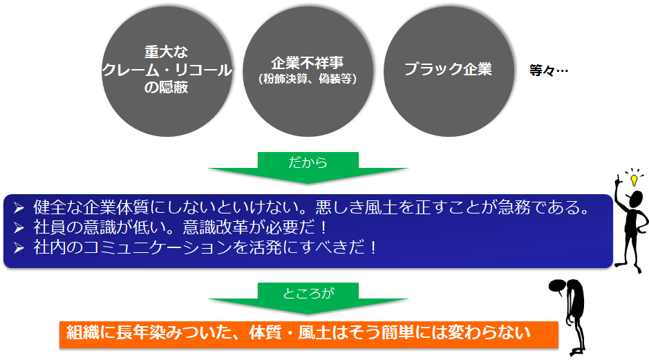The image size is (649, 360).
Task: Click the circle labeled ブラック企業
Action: tap(449, 71)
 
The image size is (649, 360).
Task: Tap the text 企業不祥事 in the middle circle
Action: tap(308, 63)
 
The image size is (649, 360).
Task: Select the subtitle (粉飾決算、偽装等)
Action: tap(308, 79)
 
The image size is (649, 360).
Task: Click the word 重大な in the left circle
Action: tap(166, 52)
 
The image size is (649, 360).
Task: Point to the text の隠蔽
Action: tap(166, 87)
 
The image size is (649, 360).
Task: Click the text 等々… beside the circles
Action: tap(549, 70)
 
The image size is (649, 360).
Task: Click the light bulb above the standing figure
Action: tap(634, 180)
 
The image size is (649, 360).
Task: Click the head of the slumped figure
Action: tap(557, 286)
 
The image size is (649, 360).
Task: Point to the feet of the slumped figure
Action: tap(577, 351)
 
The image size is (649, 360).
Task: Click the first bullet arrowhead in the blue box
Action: tap(19, 208)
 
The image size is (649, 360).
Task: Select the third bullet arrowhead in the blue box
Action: tap(19, 248)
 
